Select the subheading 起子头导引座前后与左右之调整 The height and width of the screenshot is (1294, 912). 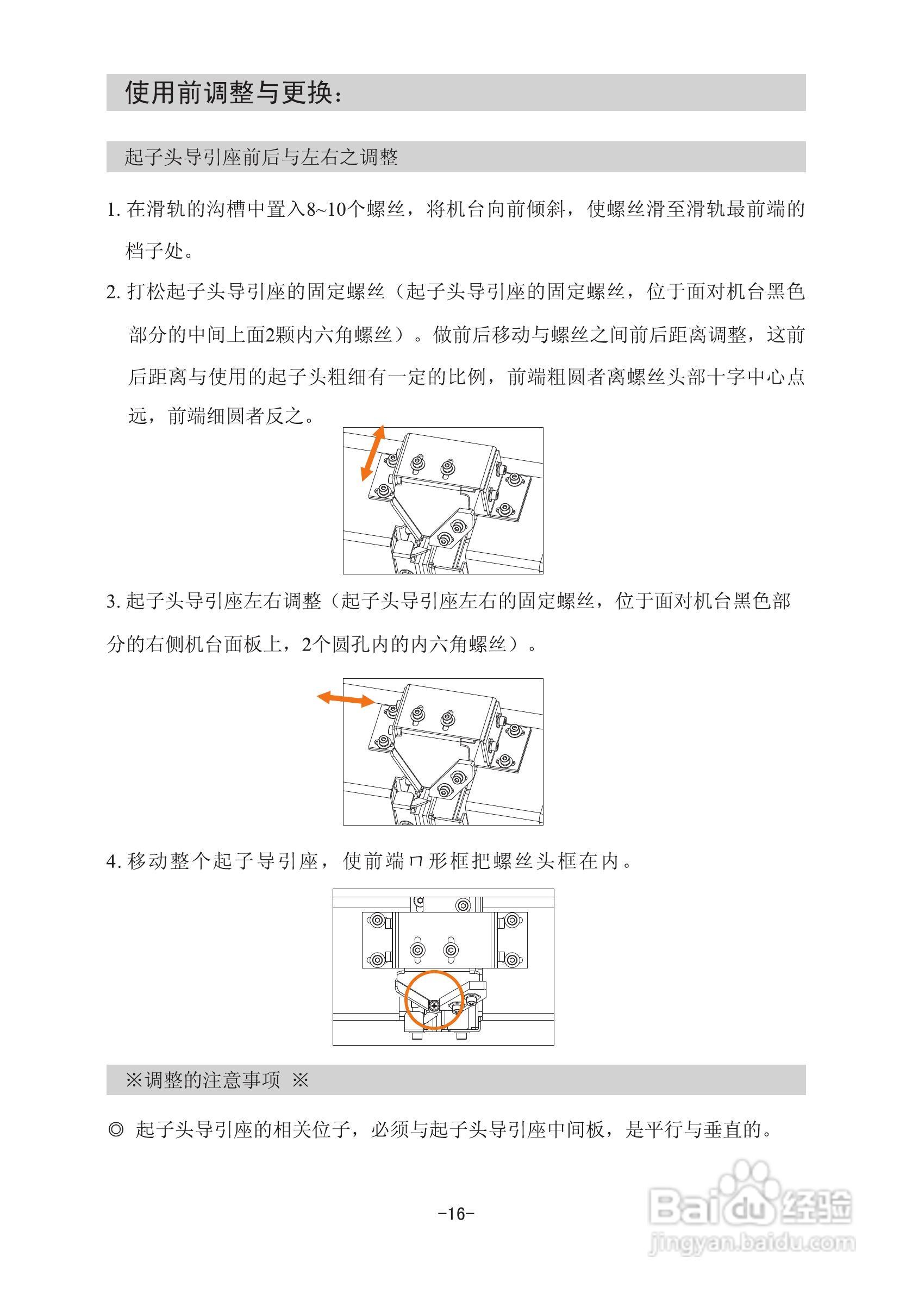[261, 157]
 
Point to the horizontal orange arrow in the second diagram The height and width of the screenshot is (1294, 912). [346, 699]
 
